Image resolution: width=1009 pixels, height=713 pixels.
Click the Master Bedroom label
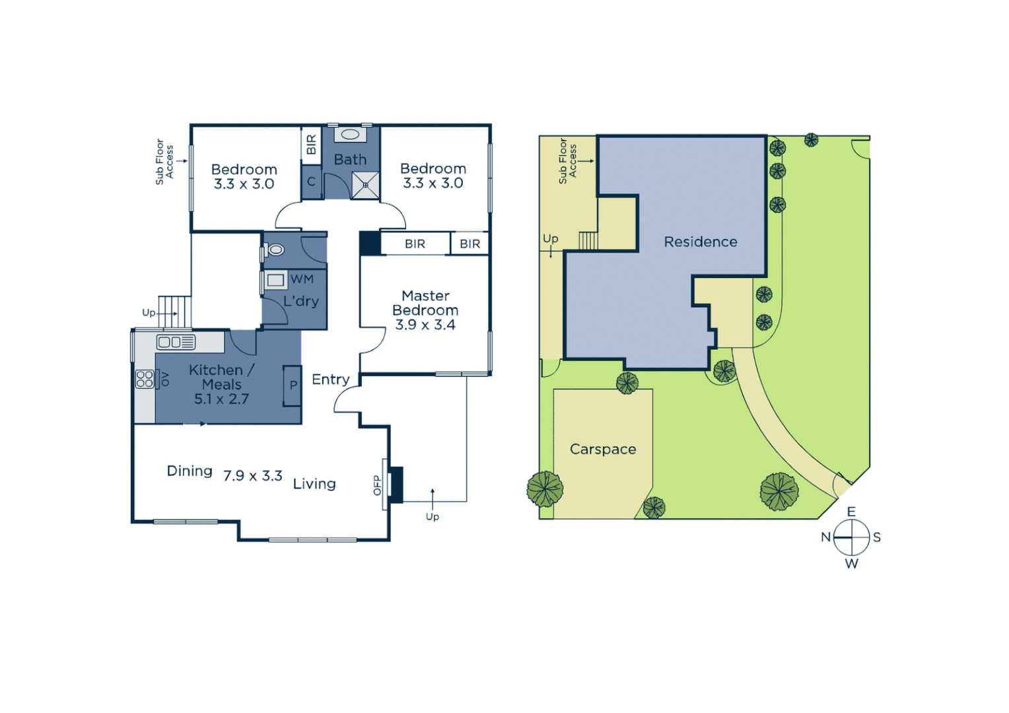point(425,303)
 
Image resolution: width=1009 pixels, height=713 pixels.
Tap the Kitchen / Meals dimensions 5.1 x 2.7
point(221,399)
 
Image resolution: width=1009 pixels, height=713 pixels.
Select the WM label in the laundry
point(302,279)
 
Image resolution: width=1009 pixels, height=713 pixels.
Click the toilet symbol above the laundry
point(275,250)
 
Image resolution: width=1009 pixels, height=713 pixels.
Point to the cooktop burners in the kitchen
point(145,379)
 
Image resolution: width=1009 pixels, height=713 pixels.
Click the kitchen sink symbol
point(176,342)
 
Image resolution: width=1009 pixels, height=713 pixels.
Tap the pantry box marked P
point(293,386)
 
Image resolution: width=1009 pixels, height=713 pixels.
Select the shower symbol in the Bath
point(365,185)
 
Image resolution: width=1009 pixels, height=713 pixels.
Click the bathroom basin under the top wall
point(350,135)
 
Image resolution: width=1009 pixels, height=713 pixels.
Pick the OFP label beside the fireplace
point(377,485)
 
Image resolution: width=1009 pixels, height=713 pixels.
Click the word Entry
point(330,380)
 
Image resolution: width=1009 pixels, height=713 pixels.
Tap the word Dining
point(190,471)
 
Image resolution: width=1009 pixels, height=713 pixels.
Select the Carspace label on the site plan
point(603,450)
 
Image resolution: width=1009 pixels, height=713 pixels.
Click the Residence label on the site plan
point(701,242)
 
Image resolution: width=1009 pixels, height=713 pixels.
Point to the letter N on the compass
point(825,537)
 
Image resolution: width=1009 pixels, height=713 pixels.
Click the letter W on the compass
point(852,564)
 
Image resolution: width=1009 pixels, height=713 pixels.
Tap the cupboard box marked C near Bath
point(311,182)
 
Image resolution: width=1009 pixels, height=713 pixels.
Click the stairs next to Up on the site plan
point(588,241)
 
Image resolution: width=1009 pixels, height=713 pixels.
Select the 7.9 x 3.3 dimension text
point(252,476)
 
